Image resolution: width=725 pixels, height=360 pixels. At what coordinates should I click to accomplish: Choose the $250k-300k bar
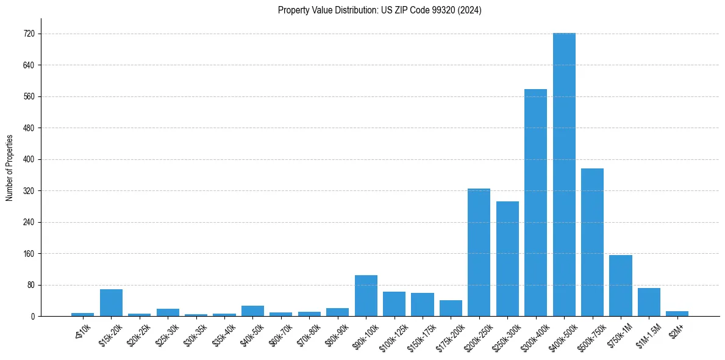(x=507, y=259)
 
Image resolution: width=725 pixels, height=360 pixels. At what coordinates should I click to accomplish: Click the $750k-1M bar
(x=620, y=286)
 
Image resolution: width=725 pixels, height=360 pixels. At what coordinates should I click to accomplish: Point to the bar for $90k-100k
(x=366, y=296)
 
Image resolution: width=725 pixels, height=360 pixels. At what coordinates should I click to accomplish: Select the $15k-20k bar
(x=111, y=303)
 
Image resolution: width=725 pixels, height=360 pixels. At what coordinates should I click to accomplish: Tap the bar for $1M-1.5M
(x=649, y=302)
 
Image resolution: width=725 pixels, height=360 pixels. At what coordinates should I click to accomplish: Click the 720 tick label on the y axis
(x=29, y=34)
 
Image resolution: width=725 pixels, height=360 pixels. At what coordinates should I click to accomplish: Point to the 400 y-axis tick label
(x=29, y=159)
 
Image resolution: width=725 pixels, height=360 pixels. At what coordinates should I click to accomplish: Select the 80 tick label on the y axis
(x=31, y=285)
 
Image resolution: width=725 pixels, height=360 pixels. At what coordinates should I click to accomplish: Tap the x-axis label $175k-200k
(x=450, y=335)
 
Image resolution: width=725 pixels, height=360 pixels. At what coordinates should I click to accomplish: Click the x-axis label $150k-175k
(x=421, y=335)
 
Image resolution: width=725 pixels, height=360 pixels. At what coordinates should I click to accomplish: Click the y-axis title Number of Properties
(x=9, y=168)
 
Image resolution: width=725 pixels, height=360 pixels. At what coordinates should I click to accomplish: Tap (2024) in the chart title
(x=470, y=10)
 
